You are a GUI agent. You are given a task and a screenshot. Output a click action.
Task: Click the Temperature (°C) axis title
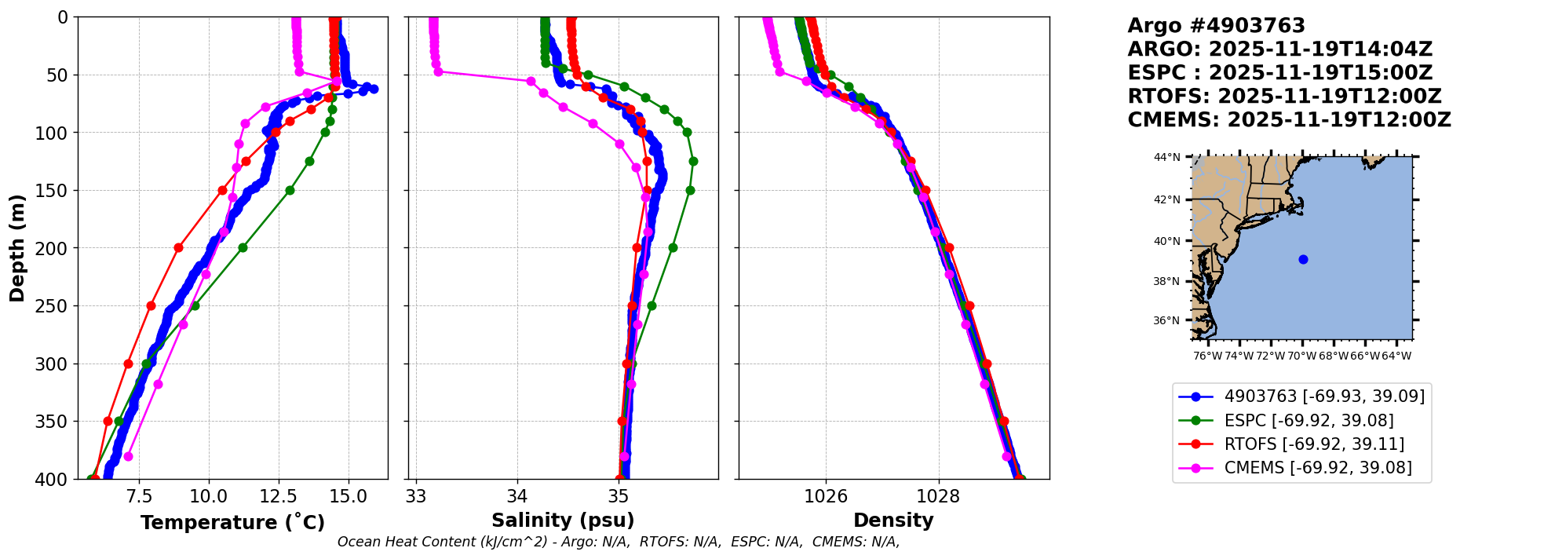coord(232,523)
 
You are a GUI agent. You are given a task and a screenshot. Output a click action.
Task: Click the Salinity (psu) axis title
coord(563,521)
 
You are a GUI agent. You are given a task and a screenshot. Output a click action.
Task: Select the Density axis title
coord(893,521)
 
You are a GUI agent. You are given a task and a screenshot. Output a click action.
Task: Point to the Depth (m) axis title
coord(16,248)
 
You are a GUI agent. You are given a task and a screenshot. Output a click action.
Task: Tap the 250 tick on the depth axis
coord(58,306)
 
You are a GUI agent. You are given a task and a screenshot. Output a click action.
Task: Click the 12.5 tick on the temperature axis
coord(279,497)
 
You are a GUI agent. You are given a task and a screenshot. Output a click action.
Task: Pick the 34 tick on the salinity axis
coord(517,497)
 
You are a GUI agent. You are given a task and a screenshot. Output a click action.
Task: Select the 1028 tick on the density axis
coord(939,497)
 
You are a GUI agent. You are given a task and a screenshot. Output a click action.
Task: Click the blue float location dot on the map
coord(1303,259)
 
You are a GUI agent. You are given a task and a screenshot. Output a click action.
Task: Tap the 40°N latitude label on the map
coord(1166,241)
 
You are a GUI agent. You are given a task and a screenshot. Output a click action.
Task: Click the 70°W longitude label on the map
coord(1301,356)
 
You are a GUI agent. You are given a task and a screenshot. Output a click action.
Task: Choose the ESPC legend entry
coord(1309,421)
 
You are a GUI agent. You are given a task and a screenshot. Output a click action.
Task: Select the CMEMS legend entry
coord(1318,468)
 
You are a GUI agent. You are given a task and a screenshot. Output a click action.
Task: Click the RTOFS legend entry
coord(1314,444)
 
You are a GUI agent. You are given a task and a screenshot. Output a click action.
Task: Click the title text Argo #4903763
coord(1216,26)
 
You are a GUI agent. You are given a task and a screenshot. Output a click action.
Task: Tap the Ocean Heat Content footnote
coord(619,542)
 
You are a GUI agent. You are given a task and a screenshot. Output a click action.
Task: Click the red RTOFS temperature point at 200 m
coord(178,247)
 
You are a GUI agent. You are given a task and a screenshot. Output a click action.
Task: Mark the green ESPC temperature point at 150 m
coord(290,190)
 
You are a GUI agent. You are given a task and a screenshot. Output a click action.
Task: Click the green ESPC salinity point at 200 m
coord(673,247)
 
